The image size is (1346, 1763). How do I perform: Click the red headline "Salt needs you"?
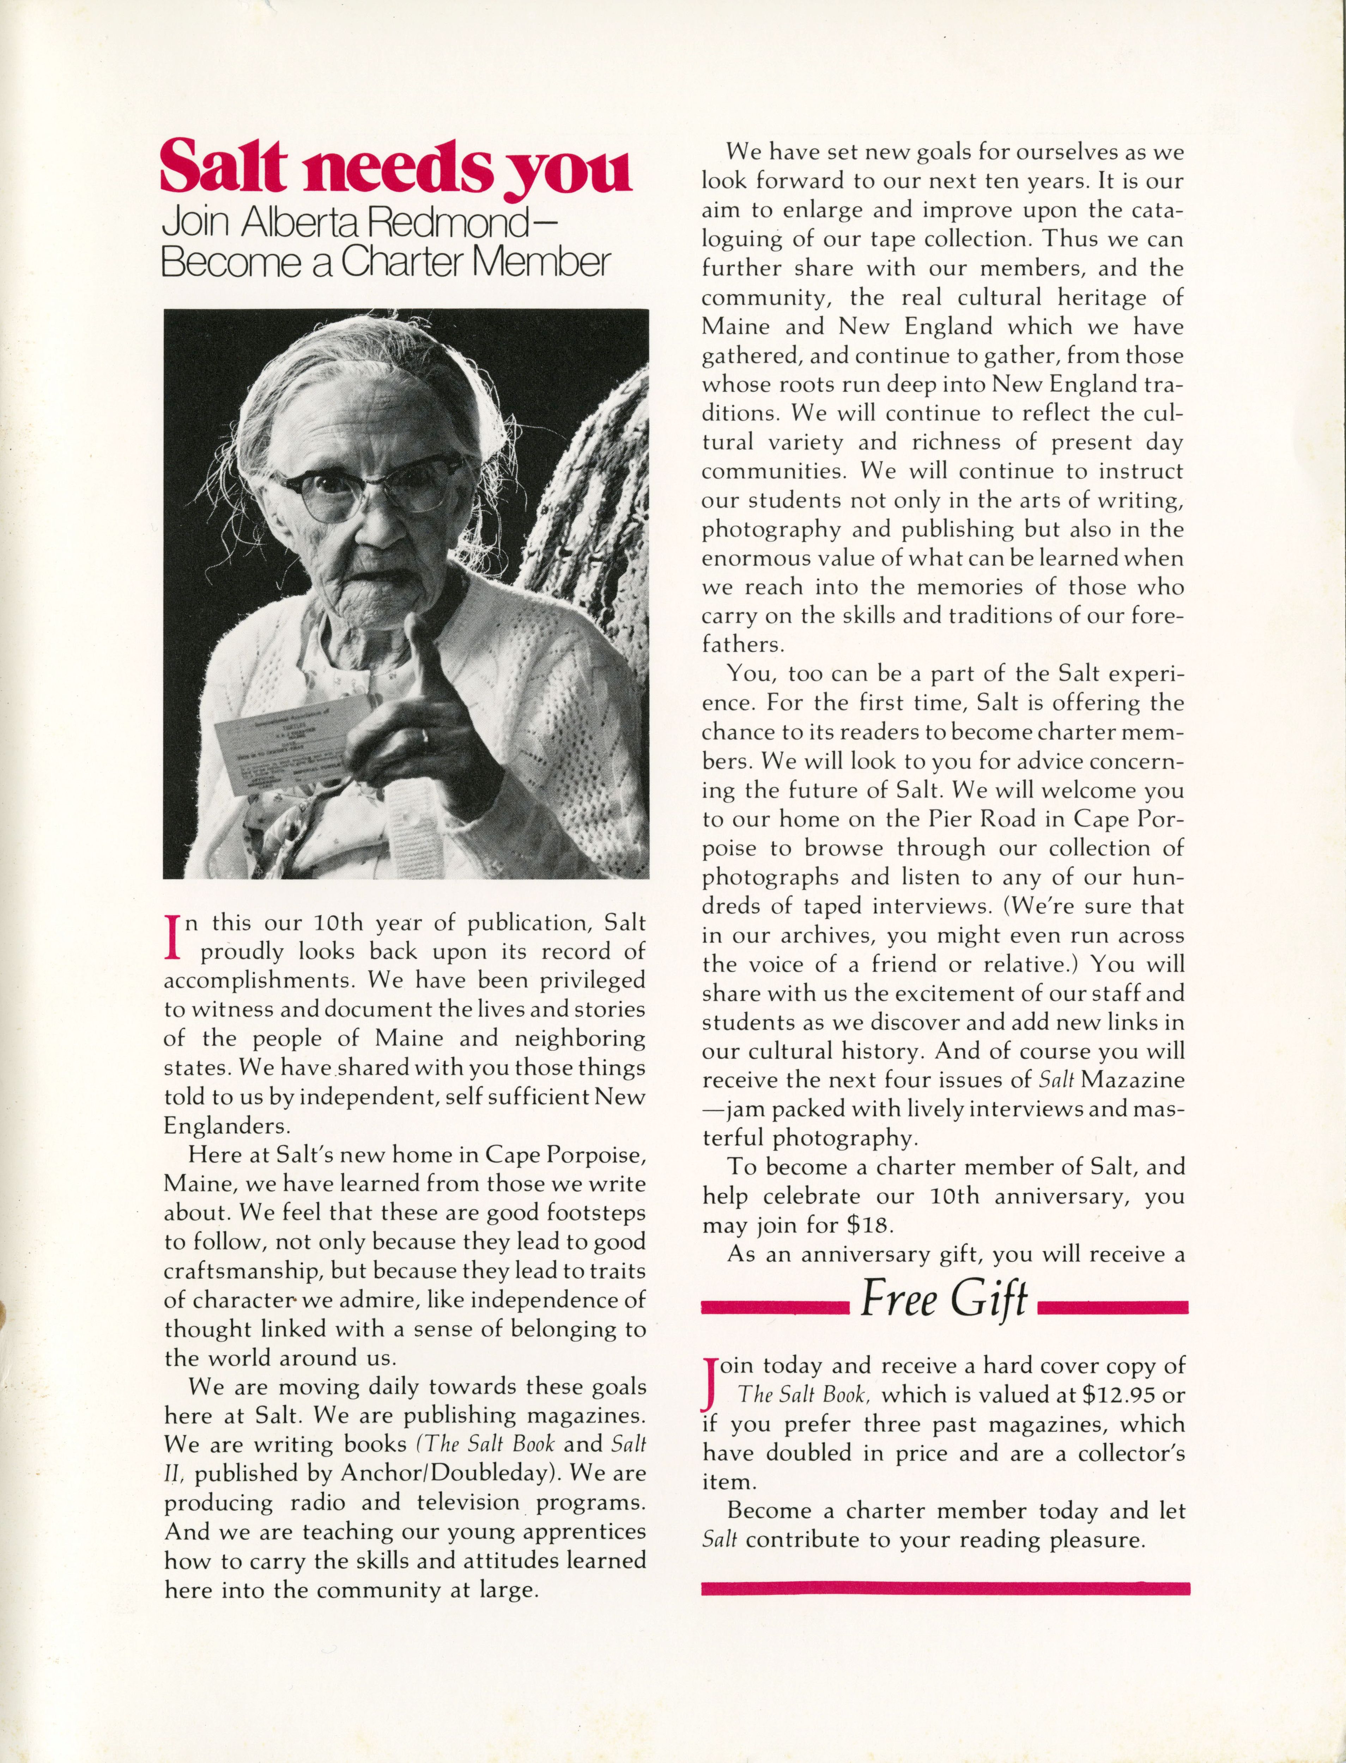click(396, 165)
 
